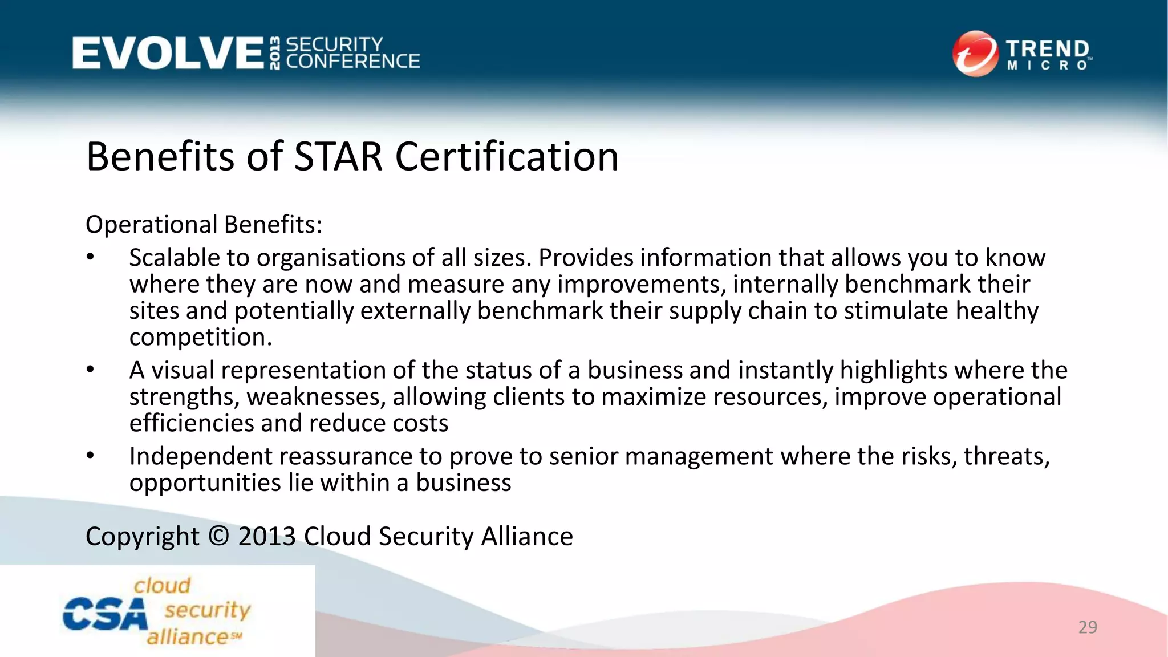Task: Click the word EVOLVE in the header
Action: tap(168, 54)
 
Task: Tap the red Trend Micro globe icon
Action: tap(975, 54)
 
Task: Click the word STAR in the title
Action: tap(338, 157)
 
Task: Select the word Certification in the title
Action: tap(506, 157)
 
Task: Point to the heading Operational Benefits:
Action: tap(204, 225)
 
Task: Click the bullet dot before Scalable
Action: tap(90, 257)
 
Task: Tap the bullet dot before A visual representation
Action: tap(90, 370)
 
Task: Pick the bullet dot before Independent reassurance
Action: tap(90, 456)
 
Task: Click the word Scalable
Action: tap(174, 258)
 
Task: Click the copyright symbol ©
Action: tap(218, 537)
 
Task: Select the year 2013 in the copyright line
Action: tap(267, 537)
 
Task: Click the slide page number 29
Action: tap(1088, 627)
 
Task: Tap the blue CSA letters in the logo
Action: tap(104, 614)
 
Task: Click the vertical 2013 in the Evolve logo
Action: tap(275, 54)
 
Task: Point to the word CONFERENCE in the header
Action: tap(353, 62)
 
